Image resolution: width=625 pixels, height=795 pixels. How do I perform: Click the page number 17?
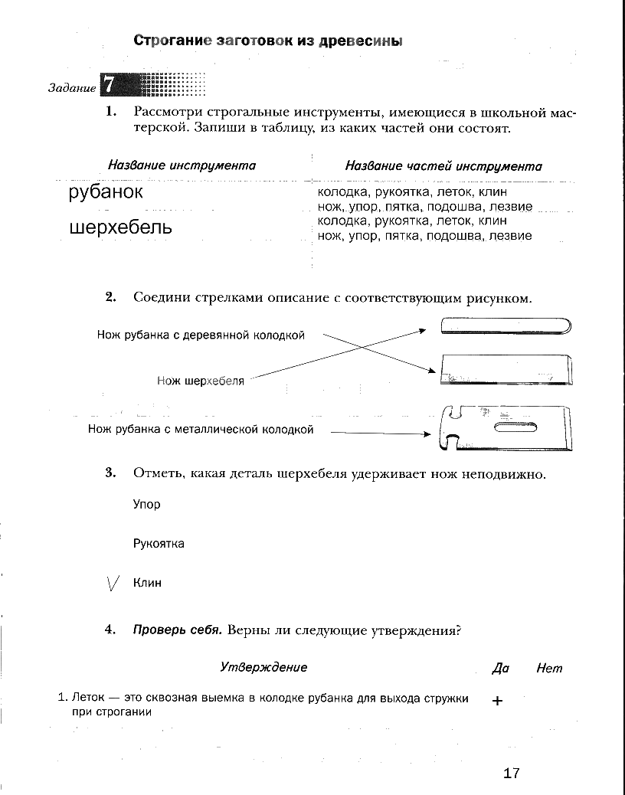click(512, 773)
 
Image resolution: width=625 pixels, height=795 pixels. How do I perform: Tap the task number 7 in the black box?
click(109, 84)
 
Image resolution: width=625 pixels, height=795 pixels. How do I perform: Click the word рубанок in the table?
click(106, 191)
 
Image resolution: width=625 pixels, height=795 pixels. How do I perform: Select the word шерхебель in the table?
click(120, 227)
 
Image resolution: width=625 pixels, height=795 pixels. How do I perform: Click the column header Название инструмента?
click(182, 165)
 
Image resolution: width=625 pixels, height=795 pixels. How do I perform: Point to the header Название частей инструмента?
click(443, 166)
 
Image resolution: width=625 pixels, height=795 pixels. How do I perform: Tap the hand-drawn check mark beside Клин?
click(113, 584)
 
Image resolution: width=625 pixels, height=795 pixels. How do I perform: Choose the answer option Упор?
click(147, 505)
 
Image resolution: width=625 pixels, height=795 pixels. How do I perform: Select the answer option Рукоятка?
click(159, 544)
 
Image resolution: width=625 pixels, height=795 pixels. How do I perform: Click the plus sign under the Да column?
click(498, 701)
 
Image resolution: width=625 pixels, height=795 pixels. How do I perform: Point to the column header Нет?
click(549, 668)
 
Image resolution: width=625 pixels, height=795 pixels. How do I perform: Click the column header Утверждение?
click(263, 667)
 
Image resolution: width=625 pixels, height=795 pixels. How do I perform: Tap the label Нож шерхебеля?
click(201, 381)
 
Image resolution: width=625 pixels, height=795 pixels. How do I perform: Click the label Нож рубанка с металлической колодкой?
click(201, 430)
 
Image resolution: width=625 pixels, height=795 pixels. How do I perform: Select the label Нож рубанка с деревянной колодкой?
click(201, 335)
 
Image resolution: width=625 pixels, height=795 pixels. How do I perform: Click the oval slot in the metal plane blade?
click(515, 427)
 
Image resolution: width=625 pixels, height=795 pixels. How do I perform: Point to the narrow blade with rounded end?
click(507, 326)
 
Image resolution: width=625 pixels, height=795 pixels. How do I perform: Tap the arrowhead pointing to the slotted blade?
click(427, 433)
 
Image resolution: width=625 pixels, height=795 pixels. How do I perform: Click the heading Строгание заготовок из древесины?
click(268, 41)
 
